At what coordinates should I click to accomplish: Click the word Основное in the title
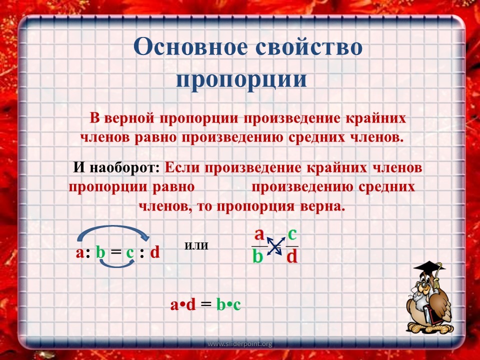pyautogui.click(x=190, y=47)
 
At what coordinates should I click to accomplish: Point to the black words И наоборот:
pyautogui.click(x=116, y=168)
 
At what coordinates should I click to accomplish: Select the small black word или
pyautogui.click(x=196, y=246)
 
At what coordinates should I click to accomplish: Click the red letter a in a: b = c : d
pyautogui.click(x=79, y=253)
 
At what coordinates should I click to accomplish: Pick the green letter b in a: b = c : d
pyautogui.click(x=100, y=252)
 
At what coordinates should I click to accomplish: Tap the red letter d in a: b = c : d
pyautogui.click(x=155, y=252)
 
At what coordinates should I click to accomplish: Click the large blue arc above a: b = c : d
pyautogui.click(x=111, y=226)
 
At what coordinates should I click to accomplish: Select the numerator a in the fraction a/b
pyautogui.click(x=259, y=235)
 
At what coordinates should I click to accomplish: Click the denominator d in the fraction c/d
pyautogui.click(x=292, y=256)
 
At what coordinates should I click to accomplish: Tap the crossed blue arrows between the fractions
pyautogui.click(x=274, y=246)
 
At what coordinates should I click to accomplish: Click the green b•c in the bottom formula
pyautogui.click(x=228, y=304)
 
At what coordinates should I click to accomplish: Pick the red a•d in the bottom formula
pyautogui.click(x=183, y=304)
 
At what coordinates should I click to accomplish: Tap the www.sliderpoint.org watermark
pyautogui.click(x=239, y=344)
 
